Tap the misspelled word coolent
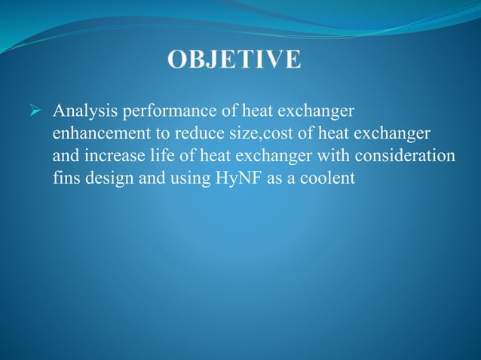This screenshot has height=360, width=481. (326, 179)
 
